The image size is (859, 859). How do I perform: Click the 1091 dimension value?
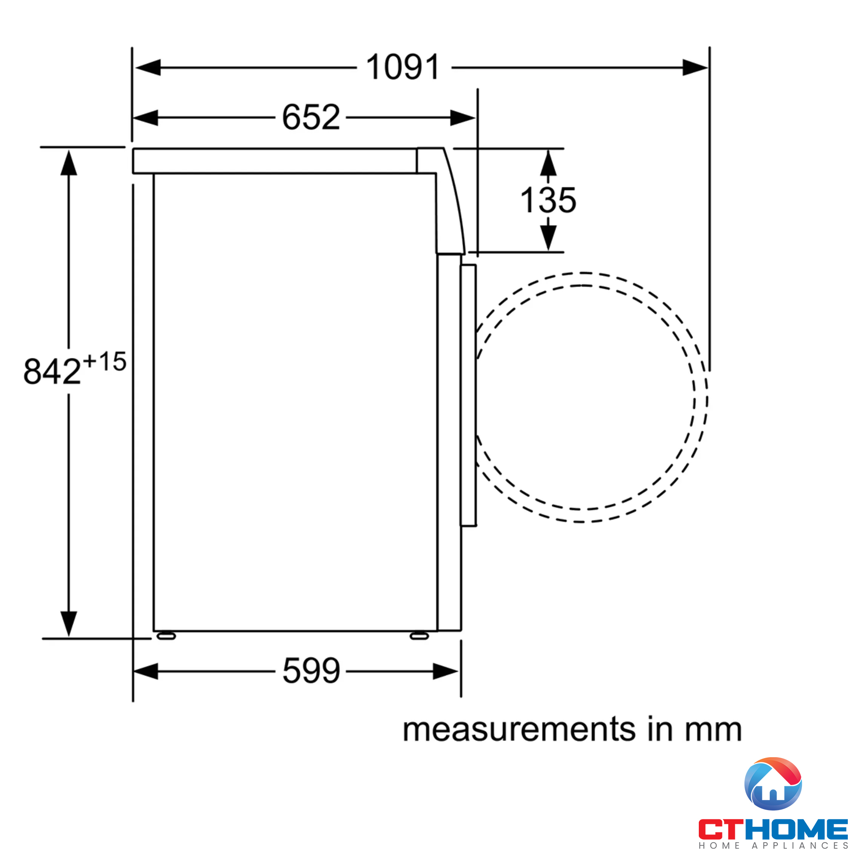coord(402,67)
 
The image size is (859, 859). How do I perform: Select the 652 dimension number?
coord(311,117)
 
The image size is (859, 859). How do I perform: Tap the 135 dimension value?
coord(548,201)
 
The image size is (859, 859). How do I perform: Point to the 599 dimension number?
coord(311,671)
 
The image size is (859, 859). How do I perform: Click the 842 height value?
coord(52,372)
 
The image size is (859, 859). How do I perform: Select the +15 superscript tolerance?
coord(104,362)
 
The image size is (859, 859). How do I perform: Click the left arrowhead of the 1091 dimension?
coord(148,67)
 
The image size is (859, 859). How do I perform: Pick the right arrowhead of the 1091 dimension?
coord(695,67)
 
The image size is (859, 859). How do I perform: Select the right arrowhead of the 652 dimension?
coord(463,118)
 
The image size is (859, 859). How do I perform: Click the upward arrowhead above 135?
coord(548,163)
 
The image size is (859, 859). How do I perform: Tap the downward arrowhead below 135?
coord(548,237)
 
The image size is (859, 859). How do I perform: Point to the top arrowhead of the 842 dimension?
coord(68,163)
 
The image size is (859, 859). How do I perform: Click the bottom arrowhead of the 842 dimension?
coord(68,623)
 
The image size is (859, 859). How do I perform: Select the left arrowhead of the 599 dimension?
coord(146,671)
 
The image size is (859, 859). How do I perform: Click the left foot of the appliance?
coord(166,636)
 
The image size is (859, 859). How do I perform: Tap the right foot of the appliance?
coord(419,636)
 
